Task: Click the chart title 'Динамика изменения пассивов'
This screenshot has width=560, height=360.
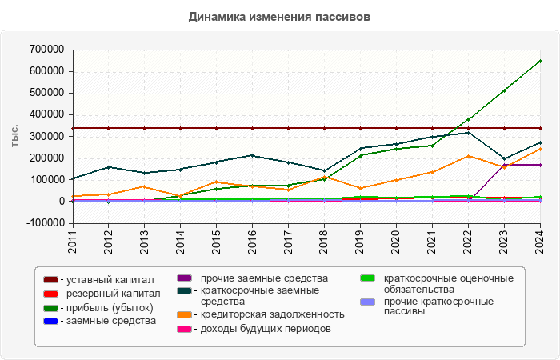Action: (x=279, y=17)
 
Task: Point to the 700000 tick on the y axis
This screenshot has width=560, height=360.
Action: (x=46, y=50)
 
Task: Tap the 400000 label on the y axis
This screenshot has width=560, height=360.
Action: (x=46, y=114)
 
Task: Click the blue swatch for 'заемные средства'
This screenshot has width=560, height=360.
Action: (x=50, y=321)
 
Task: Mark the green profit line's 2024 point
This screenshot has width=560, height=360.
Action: (x=540, y=61)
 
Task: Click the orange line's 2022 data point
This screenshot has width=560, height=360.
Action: (x=468, y=156)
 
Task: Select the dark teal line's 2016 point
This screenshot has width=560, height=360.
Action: (x=252, y=155)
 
